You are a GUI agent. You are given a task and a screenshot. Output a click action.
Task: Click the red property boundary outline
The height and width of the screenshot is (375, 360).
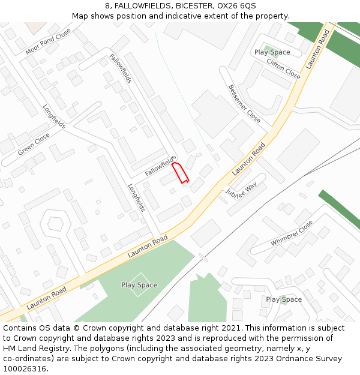(181, 172)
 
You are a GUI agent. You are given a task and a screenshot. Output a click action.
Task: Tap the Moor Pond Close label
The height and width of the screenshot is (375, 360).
(48, 41)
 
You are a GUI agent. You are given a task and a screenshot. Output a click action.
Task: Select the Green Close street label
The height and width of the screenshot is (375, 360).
(34, 145)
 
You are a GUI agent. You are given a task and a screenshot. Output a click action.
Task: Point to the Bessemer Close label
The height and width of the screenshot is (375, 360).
(244, 103)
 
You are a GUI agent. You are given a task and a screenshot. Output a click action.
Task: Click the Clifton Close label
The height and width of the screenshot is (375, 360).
(283, 69)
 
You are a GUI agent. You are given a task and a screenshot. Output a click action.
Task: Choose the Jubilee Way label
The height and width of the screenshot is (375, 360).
(241, 189)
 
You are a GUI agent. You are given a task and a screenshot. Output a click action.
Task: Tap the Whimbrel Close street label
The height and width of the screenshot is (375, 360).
(292, 233)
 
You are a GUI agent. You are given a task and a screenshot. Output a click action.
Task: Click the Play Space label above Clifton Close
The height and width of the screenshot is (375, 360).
(272, 52)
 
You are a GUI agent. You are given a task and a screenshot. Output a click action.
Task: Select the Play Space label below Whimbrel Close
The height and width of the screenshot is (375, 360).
(284, 299)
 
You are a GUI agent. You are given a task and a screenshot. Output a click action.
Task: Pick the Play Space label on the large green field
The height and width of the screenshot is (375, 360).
(139, 285)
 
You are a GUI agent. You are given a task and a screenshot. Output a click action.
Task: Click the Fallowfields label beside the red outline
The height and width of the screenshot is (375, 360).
(160, 166)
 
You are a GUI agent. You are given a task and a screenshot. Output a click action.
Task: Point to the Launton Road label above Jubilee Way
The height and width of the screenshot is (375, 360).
(248, 159)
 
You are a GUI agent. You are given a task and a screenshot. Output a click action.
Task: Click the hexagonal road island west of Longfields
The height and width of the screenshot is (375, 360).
(55, 223)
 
